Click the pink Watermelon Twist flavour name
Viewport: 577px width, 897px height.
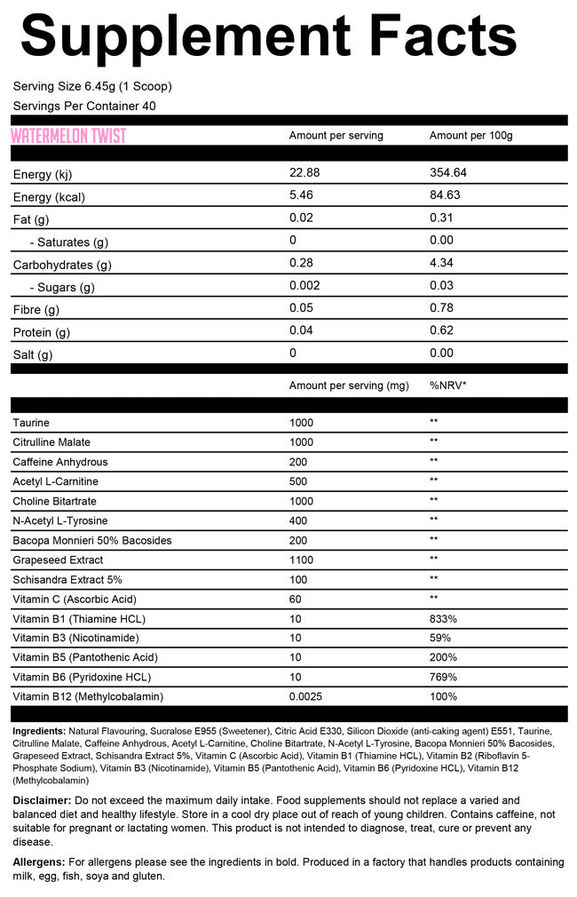(68, 136)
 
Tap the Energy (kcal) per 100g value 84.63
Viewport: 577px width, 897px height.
(445, 194)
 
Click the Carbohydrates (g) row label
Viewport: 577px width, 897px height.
(62, 265)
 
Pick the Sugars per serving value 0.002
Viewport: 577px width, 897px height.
(304, 285)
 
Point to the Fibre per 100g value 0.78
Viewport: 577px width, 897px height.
(441, 308)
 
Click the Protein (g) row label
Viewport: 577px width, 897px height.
(41, 332)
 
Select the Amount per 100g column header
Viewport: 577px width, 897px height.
(471, 136)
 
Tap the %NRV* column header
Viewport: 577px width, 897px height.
(448, 385)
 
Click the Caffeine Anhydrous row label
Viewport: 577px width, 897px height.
(59, 462)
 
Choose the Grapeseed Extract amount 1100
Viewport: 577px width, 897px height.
(303, 560)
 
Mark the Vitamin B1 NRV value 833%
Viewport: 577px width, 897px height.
(443, 618)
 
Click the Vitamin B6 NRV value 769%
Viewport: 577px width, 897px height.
(443, 677)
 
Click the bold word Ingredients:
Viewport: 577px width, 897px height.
(39, 731)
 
